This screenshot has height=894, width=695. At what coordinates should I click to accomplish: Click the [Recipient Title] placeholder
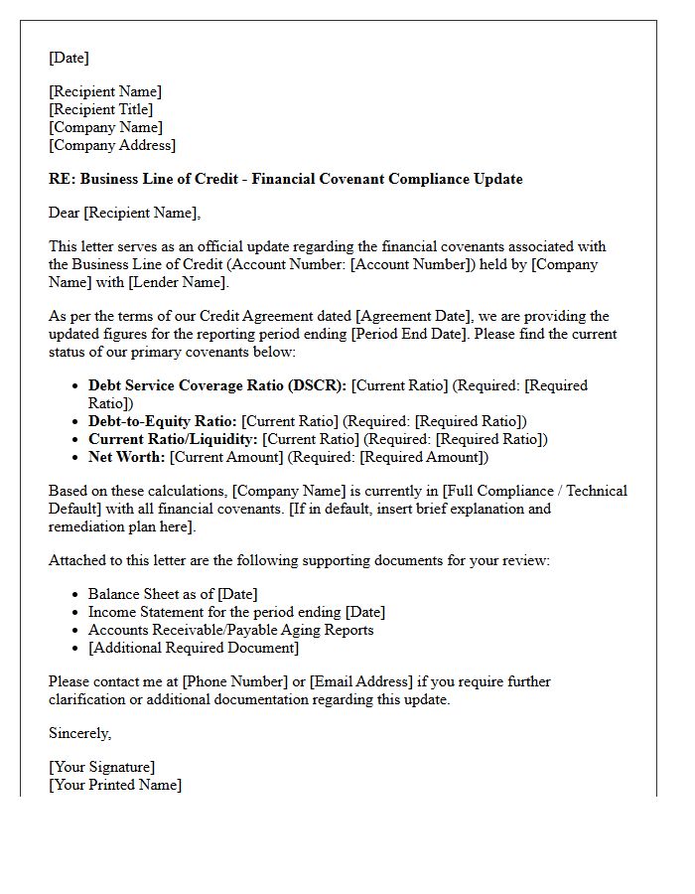click(101, 109)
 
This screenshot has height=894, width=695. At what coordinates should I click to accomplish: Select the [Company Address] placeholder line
click(112, 145)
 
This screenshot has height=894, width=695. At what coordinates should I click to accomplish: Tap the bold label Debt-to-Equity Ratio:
click(163, 421)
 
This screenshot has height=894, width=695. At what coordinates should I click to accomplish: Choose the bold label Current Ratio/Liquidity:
click(173, 439)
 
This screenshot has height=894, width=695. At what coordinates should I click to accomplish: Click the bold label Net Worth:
click(127, 457)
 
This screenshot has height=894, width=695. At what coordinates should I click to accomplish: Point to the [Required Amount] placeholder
click(421, 457)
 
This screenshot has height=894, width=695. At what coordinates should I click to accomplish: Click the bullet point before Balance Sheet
click(76, 595)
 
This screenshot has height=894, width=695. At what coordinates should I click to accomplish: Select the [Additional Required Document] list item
click(193, 648)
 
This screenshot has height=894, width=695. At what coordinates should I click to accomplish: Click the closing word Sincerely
click(79, 733)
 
